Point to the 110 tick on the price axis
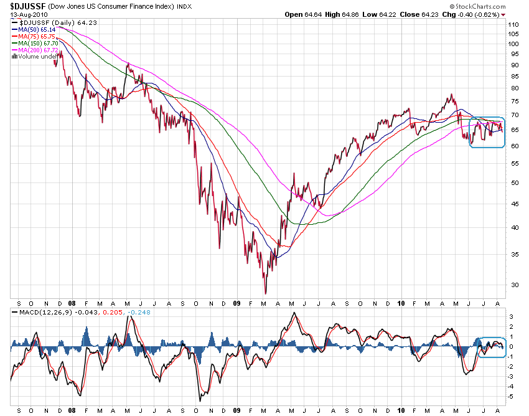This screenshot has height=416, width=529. coord(513,25)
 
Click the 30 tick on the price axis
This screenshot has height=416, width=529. coord(512,285)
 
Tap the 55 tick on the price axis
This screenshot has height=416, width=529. coord(512,163)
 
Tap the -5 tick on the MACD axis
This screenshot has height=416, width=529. coord(512,396)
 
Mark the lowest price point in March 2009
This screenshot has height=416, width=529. coord(266,293)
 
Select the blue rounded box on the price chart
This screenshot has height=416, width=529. coord(486,132)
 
